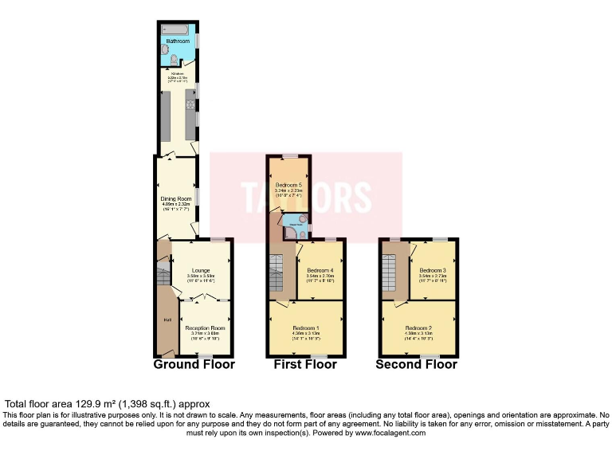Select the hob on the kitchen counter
(191, 104)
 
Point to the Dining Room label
(176, 198)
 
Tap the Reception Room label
(205, 328)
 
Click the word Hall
(167, 320)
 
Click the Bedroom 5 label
(288, 185)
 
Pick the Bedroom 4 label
(320, 271)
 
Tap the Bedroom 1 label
(305, 328)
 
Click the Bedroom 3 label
(433, 271)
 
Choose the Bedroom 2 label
(418, 328)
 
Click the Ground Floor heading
(194, 364)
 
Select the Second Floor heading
(418, 364)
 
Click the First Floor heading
(305, 364)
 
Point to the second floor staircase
(390, 275)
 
